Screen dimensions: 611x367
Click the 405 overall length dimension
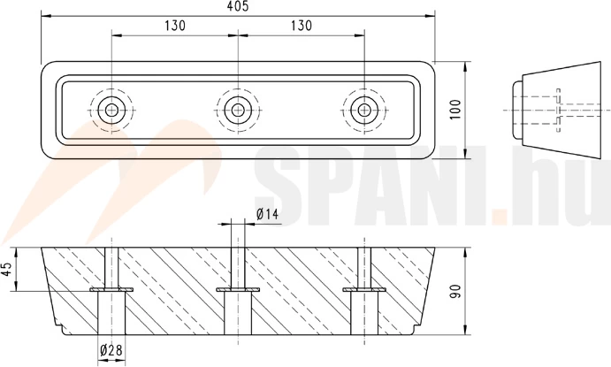coord(237,6)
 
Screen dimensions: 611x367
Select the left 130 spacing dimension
coord(174,26)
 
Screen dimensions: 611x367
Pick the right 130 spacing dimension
coord(302,26)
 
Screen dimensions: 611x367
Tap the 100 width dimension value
coord(455,110)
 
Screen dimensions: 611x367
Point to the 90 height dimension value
coord(455,292)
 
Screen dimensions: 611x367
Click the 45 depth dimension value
coord(8,269)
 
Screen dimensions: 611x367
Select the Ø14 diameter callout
coord(268,214)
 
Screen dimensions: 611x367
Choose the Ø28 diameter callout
coord(111,350)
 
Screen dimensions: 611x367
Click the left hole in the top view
coord(111,111)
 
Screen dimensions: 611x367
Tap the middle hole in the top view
coord(238,111)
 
